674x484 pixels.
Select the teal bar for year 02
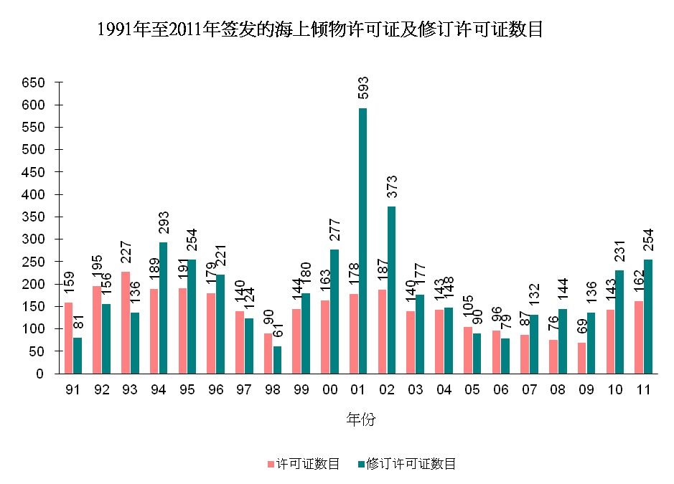(391, 290)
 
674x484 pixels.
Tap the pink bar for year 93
(126, 323)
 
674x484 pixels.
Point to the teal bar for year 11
(648, 316)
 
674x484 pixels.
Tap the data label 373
(392, 186)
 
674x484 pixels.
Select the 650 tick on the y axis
(34, 82)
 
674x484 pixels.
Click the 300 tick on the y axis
(34, 239)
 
